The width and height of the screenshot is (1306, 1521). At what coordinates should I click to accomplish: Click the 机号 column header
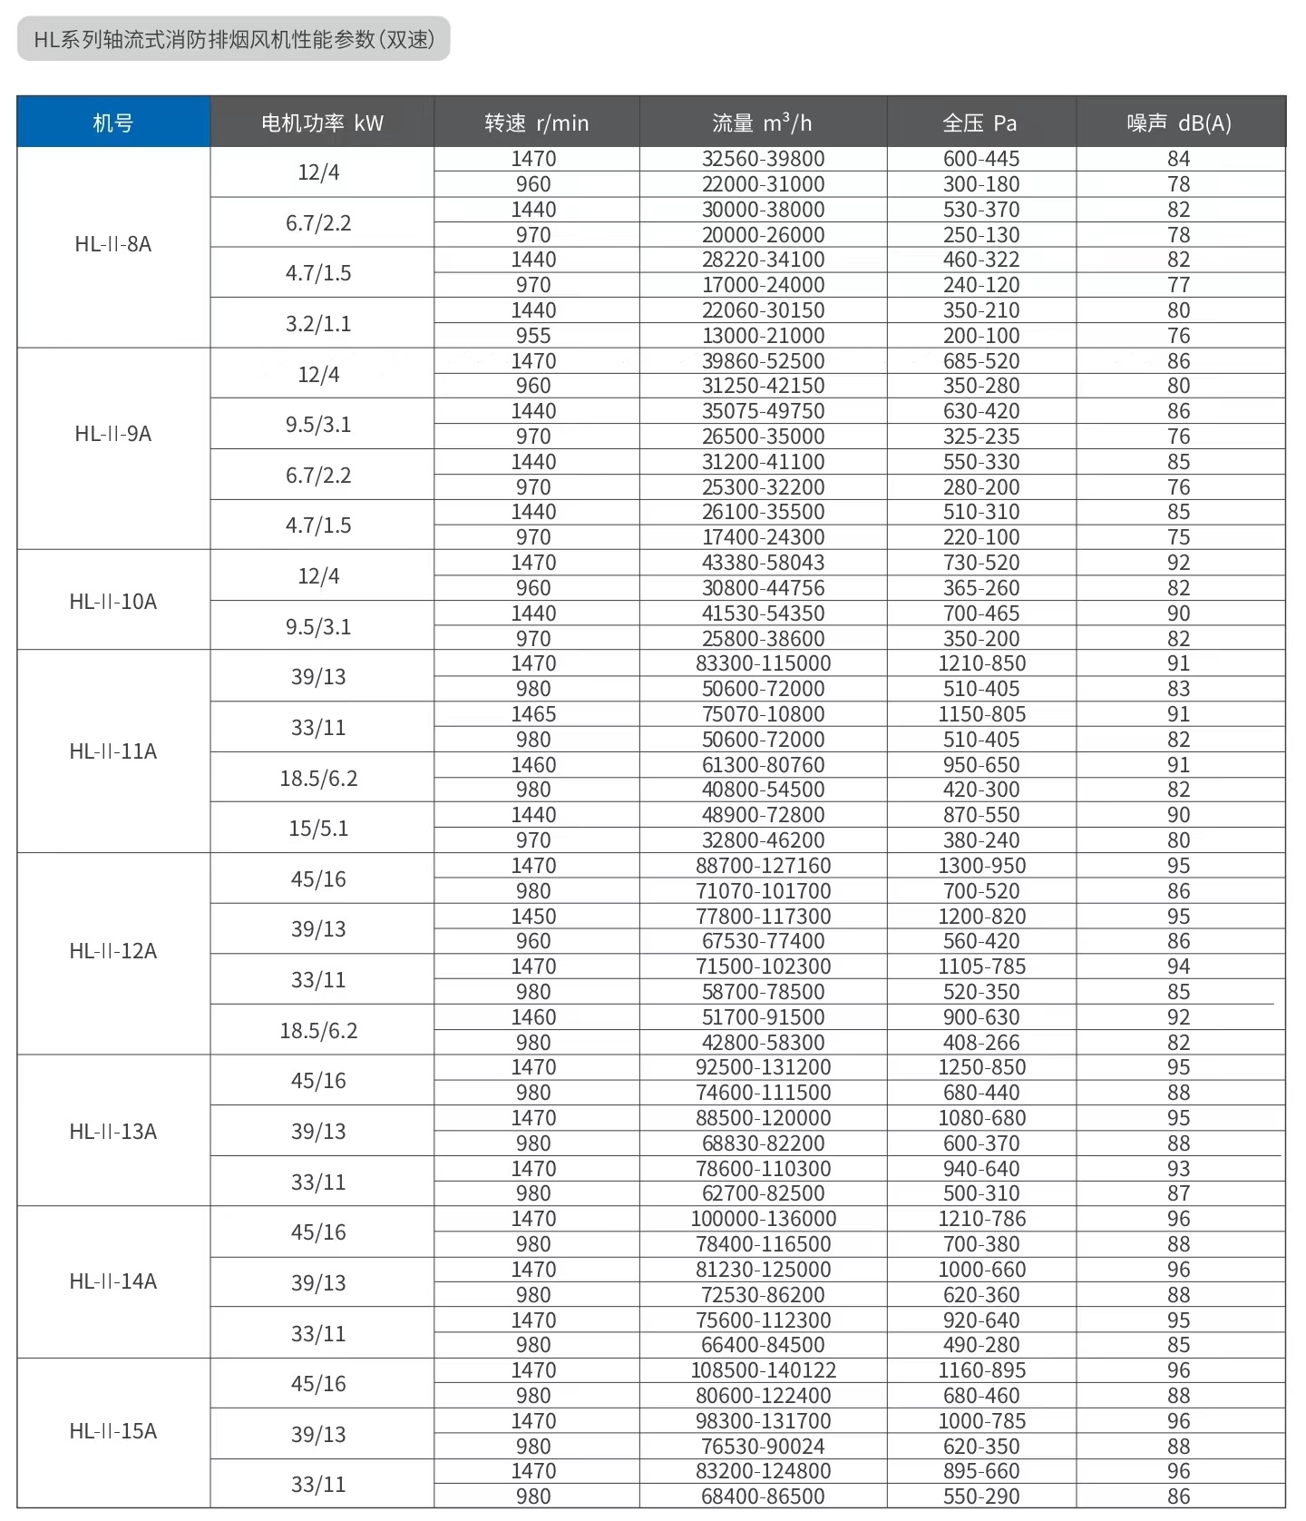tap(113, 123)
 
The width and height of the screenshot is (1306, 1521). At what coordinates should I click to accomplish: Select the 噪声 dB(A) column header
tap(1179, 123)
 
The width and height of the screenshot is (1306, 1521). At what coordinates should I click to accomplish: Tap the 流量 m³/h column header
tap(762, 123)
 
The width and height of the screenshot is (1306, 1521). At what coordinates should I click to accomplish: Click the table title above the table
tap(234, 39)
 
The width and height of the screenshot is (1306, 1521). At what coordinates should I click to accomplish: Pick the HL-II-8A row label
tap(113, 244)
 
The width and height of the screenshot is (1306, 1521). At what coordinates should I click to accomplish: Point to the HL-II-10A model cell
tap(113, 602)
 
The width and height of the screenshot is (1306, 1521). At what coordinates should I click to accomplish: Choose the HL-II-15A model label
tap(113, 1431)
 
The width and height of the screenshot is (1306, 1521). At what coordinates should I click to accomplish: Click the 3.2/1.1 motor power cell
tap(318, 324)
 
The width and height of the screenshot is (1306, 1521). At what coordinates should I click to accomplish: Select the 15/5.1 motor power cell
tap(318, 829)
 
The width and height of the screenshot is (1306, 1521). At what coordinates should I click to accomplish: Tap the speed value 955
tap(533, 336)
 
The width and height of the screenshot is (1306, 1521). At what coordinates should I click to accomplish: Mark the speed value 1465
tap(533, 714)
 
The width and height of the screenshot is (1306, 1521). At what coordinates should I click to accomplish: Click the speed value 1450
tap(533, 917)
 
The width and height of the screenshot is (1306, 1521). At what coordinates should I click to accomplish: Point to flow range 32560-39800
tap(763, 159)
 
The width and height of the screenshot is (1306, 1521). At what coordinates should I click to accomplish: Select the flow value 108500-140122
tap(763, 1370)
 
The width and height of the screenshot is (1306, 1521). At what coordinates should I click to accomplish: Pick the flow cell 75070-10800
tap(763, 714)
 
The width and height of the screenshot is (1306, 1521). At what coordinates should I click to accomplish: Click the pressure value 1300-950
tap(981, 866)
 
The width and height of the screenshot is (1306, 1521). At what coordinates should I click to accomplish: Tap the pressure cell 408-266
tap(981, 1043)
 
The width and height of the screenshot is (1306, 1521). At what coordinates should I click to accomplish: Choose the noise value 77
tap(1178, 285)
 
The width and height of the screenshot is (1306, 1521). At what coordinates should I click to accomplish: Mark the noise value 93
tap(1178, 1169)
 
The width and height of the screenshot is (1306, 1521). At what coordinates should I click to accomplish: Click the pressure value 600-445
tap(981, 159)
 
